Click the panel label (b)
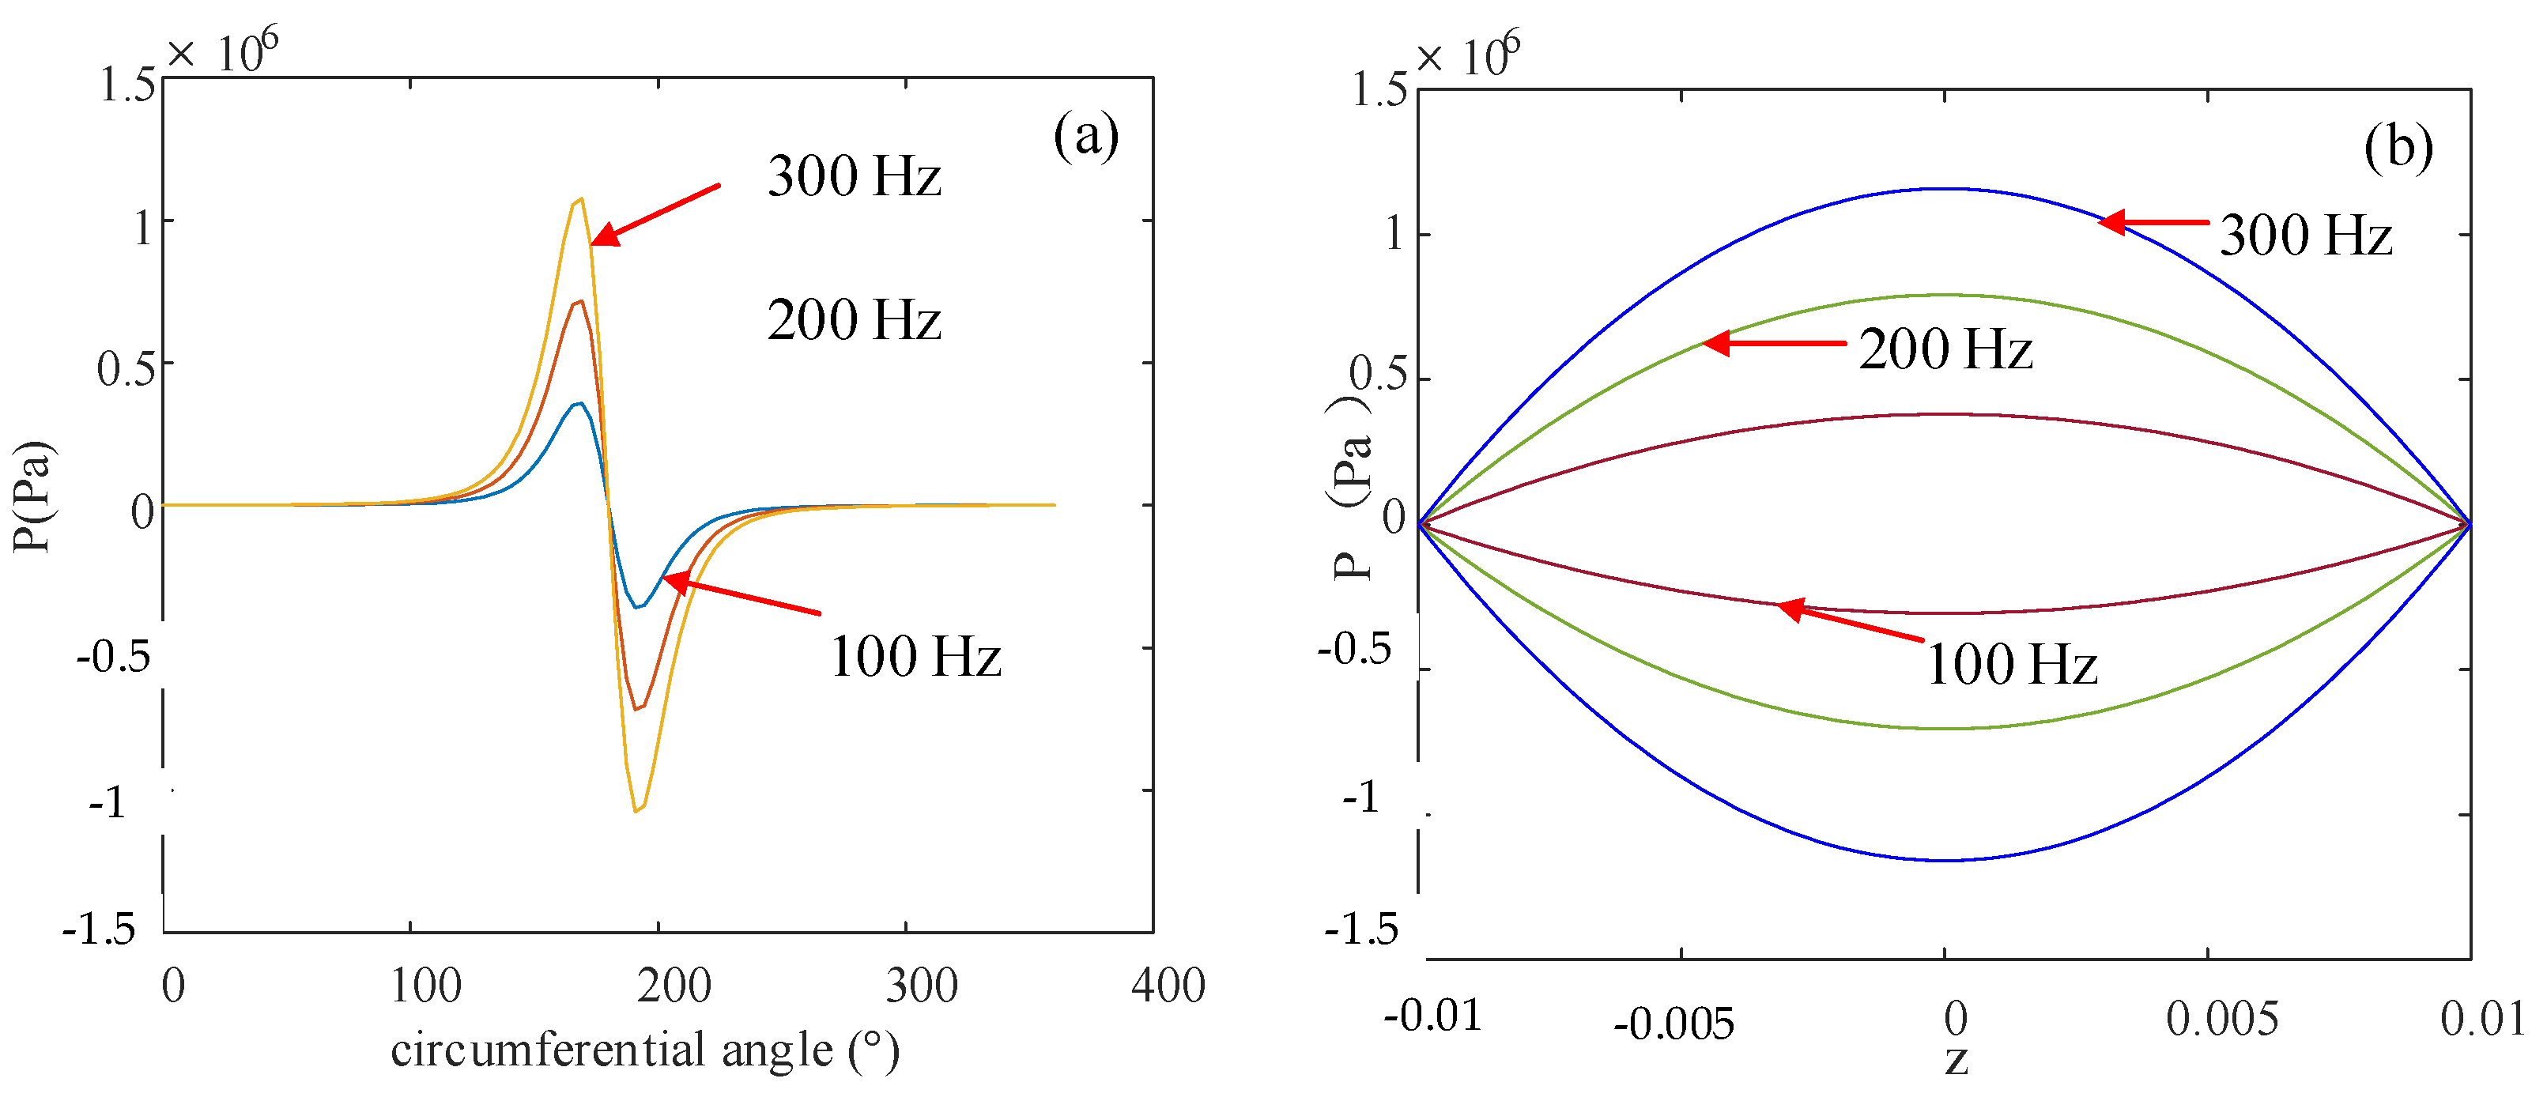click(2398, 149)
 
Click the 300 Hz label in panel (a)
click(855, 178)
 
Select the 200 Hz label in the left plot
click(855, 321)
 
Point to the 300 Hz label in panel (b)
click(2306, 236)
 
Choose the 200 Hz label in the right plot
click(1945, 350)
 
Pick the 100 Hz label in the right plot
click(2011, 664)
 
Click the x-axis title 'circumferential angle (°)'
click(645, 1050)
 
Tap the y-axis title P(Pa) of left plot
click(32, 496)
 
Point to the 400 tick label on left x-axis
click(1168, 986)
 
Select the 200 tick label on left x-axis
click(674, 986)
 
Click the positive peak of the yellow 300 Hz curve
click(579, 200)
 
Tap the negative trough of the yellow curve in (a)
click(637, 810)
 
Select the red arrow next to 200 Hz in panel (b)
click(1775, 343)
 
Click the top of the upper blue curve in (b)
click(1944, 189)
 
